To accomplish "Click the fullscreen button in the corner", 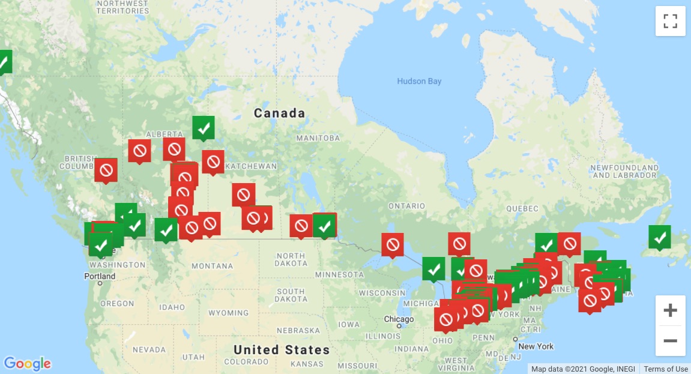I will (x=670, y=21).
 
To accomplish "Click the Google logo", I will (x=28, y=363).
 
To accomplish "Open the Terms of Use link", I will (x=666, y=369).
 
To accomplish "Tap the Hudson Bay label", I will (x=419, y=81).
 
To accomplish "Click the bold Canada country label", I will (x=279, y=113).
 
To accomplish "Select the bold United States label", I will (x=282, y=349).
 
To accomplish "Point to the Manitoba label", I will (x=318, y=138).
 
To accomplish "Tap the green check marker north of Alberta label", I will (x=204, y=127).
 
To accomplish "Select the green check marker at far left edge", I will (x=4, y=61).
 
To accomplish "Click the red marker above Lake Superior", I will (x=393, y=244).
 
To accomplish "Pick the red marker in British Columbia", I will (x=106, y=170).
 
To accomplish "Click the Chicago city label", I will (x=399, y=319).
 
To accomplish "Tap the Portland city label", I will (x=100, y=276).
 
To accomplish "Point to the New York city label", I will (x=536, y=346).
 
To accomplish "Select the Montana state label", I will (x=212, y=265).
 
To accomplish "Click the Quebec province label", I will (x=522, y=208).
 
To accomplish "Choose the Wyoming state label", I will (x=228, y=313).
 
